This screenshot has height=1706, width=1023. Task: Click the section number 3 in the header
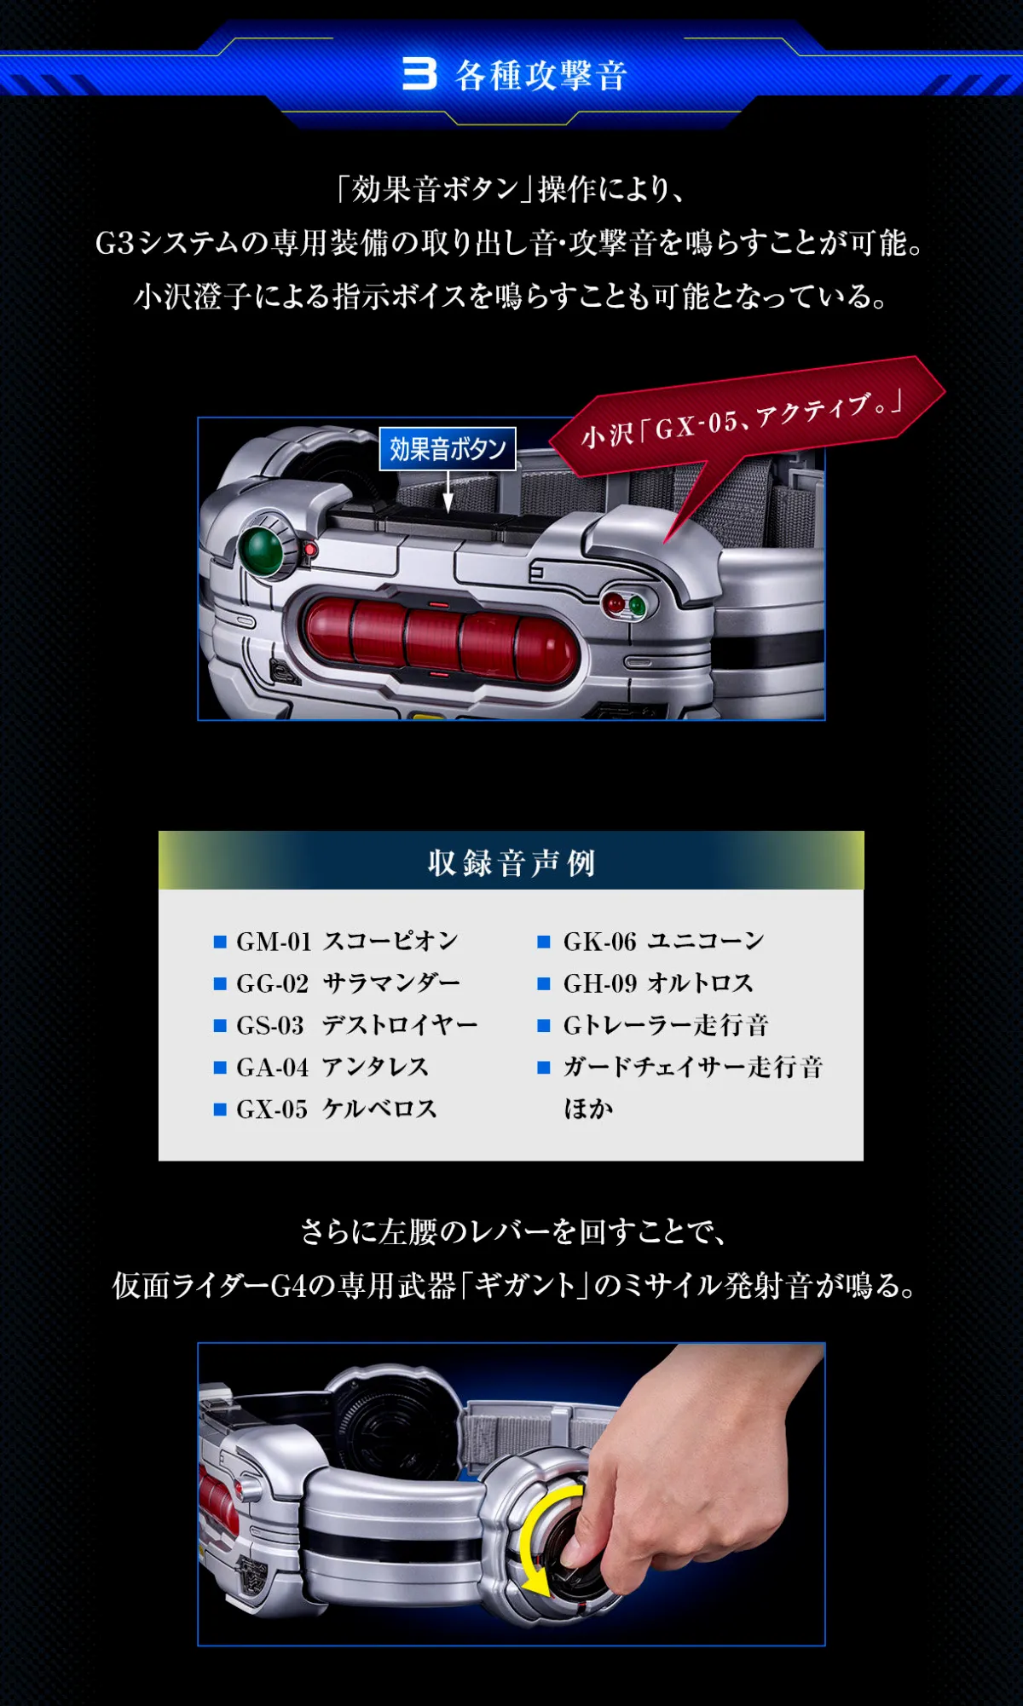pyautogui.click(x=419, y=74)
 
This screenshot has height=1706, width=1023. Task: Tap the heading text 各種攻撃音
pyautogui.click(x=541, y=76)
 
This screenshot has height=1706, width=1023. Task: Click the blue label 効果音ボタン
pyautogui.click(x=448, y=448)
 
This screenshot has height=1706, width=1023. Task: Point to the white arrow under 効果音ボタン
pyautogui.click(x=448, y=492)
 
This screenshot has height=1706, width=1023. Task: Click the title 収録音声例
pyautogui.click(x=511, y=862)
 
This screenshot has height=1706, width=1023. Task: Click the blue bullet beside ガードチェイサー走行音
pyautogui.click(x=544, y=1067)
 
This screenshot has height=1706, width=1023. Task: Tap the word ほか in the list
pyautogui.click(x=588, y=1109)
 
